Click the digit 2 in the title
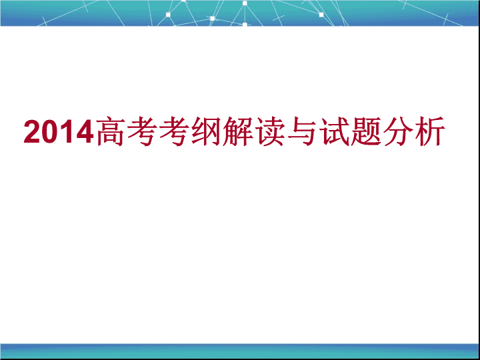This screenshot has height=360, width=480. coord(31,131)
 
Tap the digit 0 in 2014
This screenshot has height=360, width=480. coord(49,131)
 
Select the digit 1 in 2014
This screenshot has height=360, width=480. coord(65,131)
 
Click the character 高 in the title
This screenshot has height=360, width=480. coord(110,131)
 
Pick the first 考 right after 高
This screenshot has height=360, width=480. coord(142,131)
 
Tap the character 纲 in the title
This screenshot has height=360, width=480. coord(206,131)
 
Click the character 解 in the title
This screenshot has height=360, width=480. coord(237,131)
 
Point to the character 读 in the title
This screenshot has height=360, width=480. coord(270,131)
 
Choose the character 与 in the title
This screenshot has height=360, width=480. coord(301,131)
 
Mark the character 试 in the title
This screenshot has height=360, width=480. coord(334,131)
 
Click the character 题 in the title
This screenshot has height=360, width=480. coord(365,131)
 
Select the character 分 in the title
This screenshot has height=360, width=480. coord(397,131)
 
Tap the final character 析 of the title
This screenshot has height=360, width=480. coord(429,131)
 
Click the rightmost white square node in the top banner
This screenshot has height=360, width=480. coord(321,15)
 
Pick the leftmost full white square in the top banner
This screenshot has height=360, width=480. coord(168,15)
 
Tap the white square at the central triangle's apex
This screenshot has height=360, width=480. coord(245,3)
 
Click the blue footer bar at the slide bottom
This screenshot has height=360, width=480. coord(240,351)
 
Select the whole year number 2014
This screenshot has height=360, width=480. coord(59,131)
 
